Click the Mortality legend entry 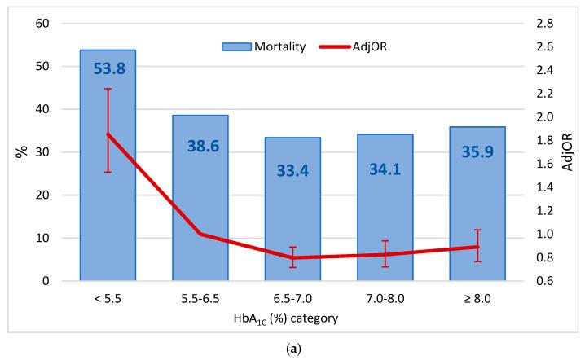(x=265, y=46)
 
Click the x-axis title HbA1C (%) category (x=292, y=318)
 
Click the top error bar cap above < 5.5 (x=108, y=89)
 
